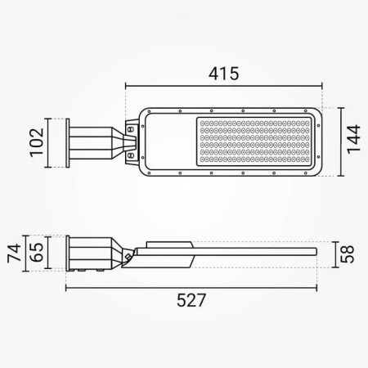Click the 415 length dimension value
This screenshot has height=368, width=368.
[x=222, y=74]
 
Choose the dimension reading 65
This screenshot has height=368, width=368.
[x=36, y=251]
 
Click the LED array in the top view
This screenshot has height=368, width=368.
[x=254, y=141]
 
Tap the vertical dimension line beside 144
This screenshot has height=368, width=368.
[x=334, y=142]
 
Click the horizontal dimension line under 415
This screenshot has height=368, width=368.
[x=223, y=85]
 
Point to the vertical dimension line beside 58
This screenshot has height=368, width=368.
[x=334, y=253]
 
